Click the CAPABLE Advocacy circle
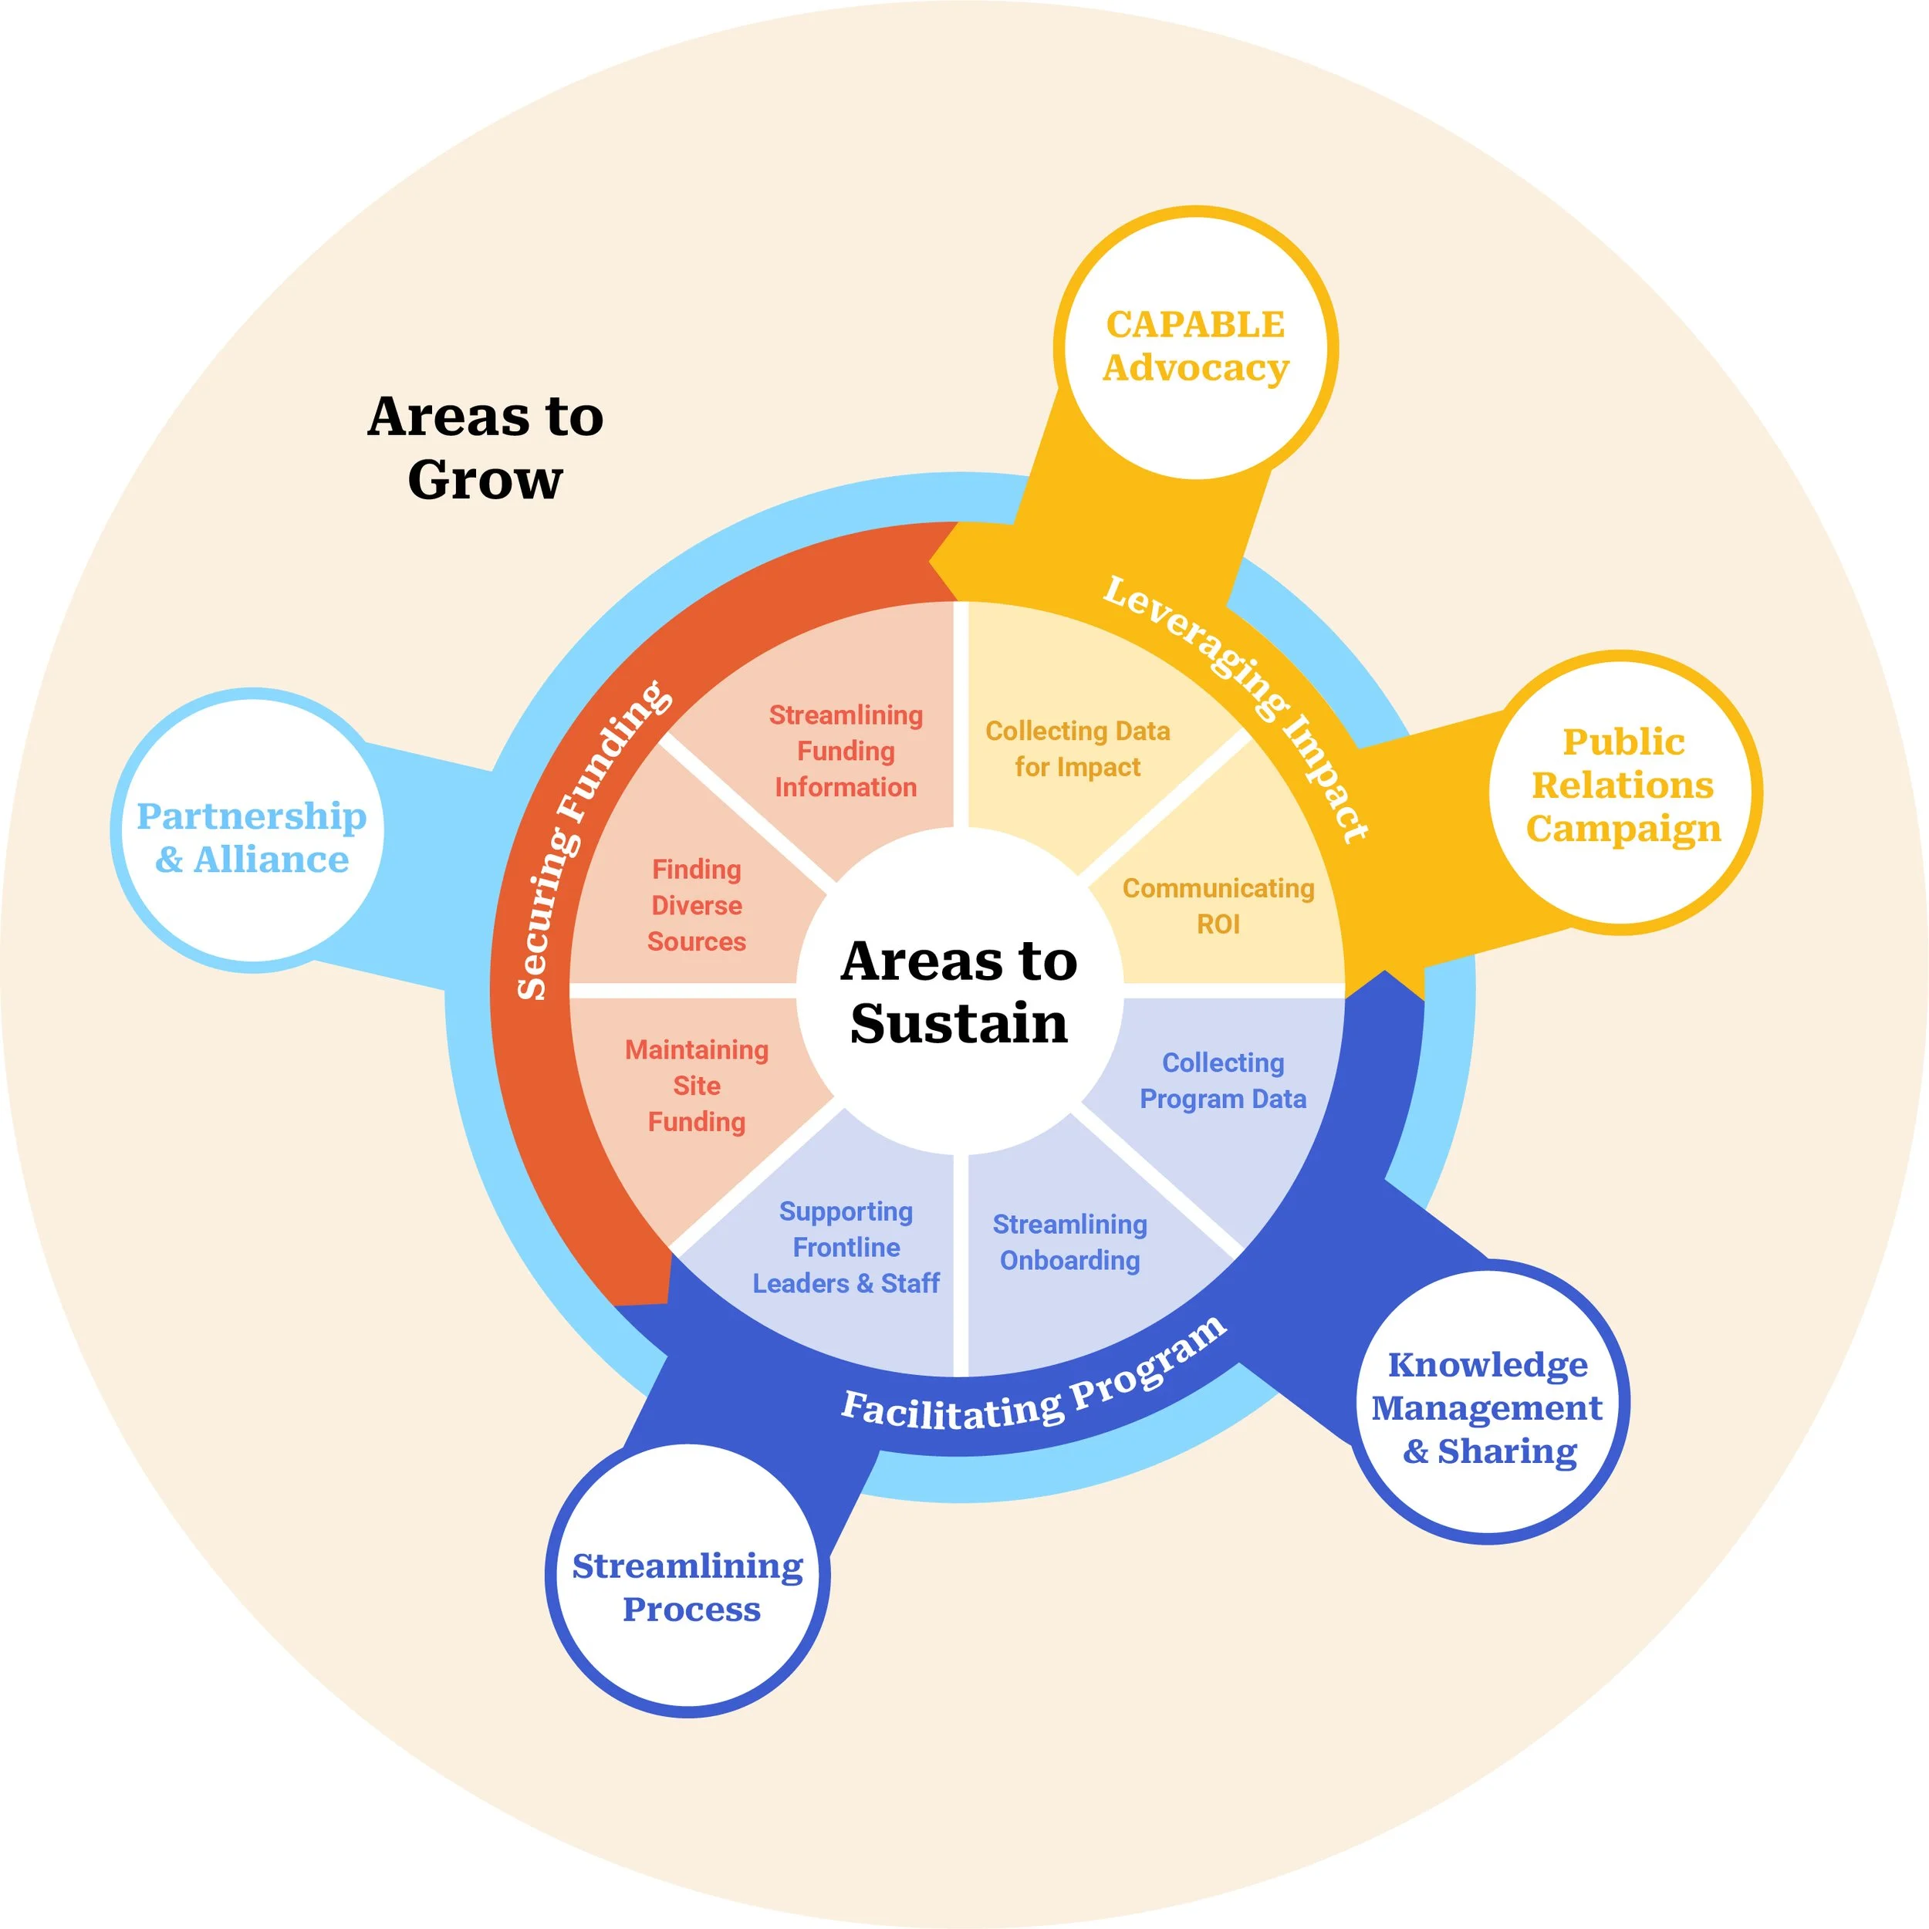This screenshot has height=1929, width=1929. [1195, 344]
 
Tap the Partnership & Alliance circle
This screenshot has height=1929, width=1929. [252, 836]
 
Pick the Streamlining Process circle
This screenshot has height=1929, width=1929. [688, 1587]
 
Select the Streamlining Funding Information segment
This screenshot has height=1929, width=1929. [846, 751]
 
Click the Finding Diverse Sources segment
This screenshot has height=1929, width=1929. [697, 906]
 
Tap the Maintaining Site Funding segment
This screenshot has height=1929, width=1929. [697, 1086]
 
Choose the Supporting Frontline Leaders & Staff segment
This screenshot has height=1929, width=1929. [846, 1247]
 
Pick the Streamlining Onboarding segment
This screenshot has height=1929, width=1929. [1069, 1242]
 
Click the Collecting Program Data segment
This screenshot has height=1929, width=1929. [1223, 1080]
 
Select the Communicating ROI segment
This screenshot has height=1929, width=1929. [1218, 906]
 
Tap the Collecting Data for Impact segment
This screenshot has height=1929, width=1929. [1077, 748]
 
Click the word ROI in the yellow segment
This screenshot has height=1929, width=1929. [1218, 924]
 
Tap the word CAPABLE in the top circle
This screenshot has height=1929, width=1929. [1195, 325]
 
